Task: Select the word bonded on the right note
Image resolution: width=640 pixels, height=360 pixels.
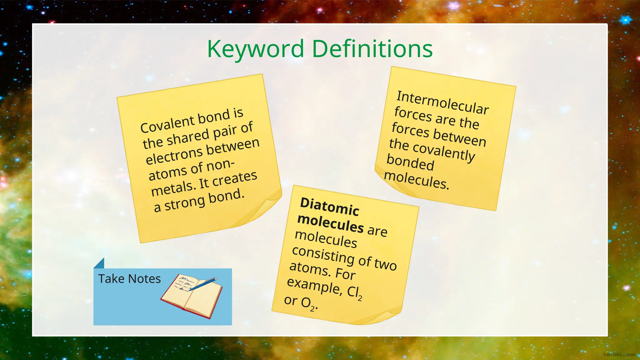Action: [x=410, y=162]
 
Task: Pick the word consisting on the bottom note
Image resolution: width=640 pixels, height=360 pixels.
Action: [x=323, y=254]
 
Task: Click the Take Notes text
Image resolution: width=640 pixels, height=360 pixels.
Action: [x=129, y=279]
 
